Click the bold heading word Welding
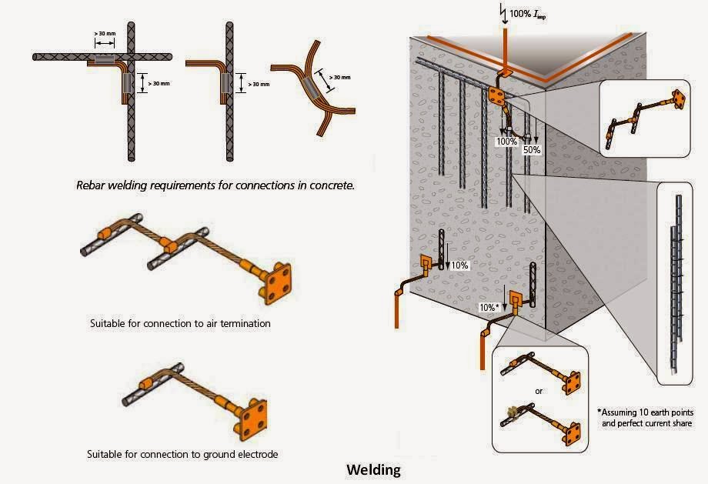(x=373, y=469)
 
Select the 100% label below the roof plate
(x=506, y=142)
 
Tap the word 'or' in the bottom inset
(x=539, y=391)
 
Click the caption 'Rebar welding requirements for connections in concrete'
(x=215, y=185)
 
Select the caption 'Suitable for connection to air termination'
(x=180, y=324)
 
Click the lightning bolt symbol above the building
(x=505, y=12)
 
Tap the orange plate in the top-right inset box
(x=677, y=98)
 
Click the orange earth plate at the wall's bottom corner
(x=513, y=300)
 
